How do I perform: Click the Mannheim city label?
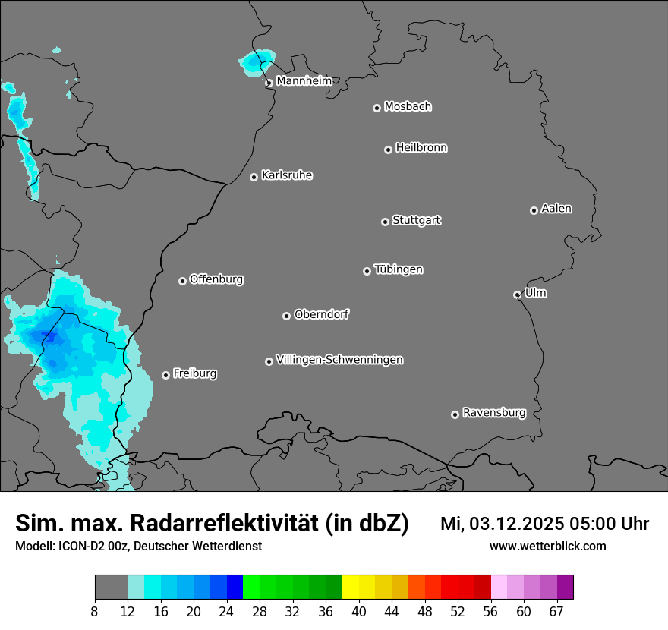(x=304, y=81)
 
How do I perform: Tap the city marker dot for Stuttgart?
(x=386, y=222)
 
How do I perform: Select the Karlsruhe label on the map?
(x=287, y=175)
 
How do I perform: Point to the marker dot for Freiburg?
(x=165, y=375)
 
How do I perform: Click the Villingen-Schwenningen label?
(x=339, y=360)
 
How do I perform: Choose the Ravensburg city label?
(x=494, y=413)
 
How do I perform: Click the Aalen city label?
(x=556, y=209)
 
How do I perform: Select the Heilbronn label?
(x=421, y=148)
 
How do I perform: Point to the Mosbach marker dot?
(x=377, y=108)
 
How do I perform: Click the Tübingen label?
(x=399, y=269)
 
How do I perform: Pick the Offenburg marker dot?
(x=182, y=281)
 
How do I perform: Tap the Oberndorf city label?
(x=321, y=314)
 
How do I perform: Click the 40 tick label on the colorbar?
(x=359, y=611)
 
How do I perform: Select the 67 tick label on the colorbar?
(x=556, y=611)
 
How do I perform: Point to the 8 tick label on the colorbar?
(x=95, y=611)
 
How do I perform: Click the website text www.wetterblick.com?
(x=547, y=546)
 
